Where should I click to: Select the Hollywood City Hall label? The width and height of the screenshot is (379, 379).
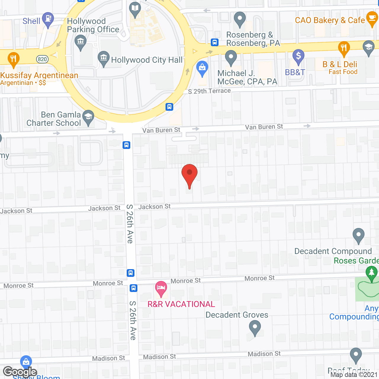pyautogui.click(x=147, y=60)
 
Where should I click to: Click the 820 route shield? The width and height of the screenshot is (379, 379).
pyautogui.click(x=42, y=59)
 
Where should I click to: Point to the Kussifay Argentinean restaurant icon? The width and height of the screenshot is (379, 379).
pyautogui.click(x=13, y=58)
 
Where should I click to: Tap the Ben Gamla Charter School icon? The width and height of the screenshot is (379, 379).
pyautogui.click(x=88, y=117)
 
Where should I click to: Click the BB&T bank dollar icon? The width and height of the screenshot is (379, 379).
pyautogui.click(x=298, y=56)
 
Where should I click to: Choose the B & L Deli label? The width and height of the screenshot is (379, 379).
pyautogui.click(x=340, y=64)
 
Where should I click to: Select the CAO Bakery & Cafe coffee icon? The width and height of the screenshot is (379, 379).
pyautogui.click(x=372, y=18)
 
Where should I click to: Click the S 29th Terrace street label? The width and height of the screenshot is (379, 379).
pyautogui.click(x=209, y=91)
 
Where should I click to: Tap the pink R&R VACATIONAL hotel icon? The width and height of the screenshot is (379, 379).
pyautogui.click(x=161, y=288)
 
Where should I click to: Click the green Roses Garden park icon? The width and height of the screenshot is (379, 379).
pyautogui.click(x=371, y=273)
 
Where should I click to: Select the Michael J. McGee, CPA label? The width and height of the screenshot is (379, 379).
pyautogui.click(x=247, y=77)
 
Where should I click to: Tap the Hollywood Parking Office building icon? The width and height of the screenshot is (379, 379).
pyautogui.click(x=80, y=42)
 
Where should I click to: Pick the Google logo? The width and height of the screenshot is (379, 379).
pyautogui.click(x=20, y=372)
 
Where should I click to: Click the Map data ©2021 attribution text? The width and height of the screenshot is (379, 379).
pyautogui.click(x=354, y=375)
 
